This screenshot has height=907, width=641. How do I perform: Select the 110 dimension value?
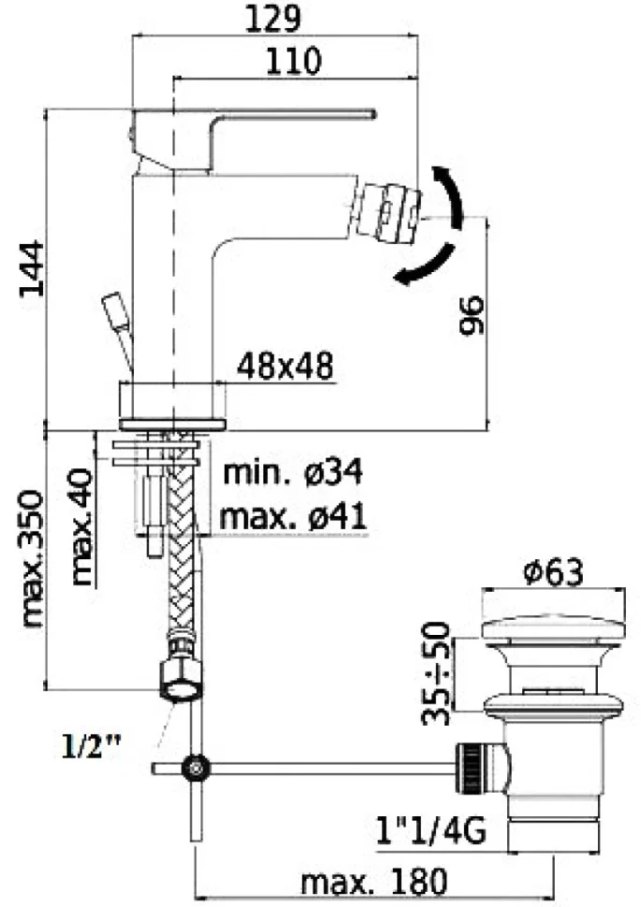tap(293, 61)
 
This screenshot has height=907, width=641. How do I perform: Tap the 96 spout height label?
tap(471, 315)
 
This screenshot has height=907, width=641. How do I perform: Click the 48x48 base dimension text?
tap(285, 366)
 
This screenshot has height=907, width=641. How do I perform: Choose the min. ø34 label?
tap(293, 472)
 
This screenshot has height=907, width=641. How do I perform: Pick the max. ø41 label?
tap(293, 516)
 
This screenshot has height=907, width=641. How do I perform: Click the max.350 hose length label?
tap(33, 559)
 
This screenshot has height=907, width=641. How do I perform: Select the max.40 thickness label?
tap(81, 526)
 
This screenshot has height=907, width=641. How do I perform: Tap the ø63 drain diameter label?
tap(553, 572)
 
